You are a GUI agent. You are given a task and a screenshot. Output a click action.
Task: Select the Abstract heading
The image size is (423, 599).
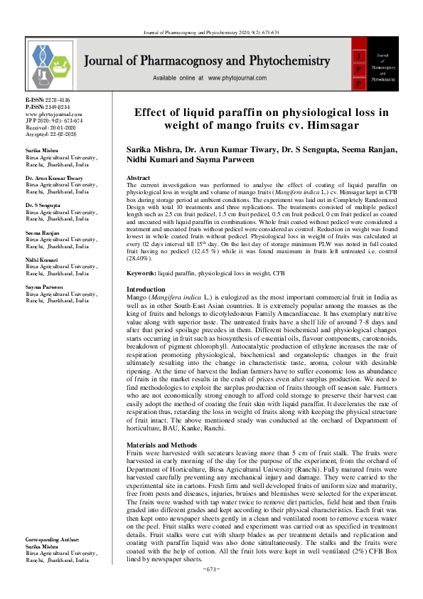tap(138, 177)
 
